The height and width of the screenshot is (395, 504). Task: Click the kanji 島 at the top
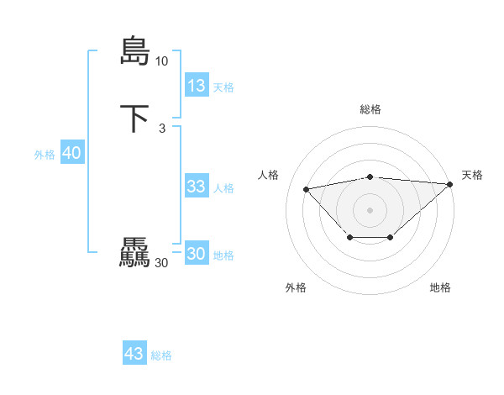pyautogui.click(x=134, y=50)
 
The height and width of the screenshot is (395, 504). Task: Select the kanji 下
pyautogui.click(x=134, y=118)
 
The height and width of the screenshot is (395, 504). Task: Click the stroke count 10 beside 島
pyautogui.click(x=161, y=61)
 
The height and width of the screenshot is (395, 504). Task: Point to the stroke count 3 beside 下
pyautogui.click(x=161, y=128)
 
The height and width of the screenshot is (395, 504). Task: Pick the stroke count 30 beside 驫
pyautogui.click(x=161, y=263)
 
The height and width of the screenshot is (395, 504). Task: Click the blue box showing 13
pyautogui.click(x=197, y=86)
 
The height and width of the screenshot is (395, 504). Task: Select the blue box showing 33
pyautogui.click(x=197, y=187)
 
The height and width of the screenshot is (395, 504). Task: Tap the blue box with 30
pyautogui.click(x=197, y=254)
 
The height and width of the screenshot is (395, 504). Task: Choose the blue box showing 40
pyautogui.click(x=71, y=153)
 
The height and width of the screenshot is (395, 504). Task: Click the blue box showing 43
pyautogui.click(x=134, y=354)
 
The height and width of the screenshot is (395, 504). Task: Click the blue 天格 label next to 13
pyautogui.click(x=223, y=87)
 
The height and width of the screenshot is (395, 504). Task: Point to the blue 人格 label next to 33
pyautogui.click(x=223, y=188)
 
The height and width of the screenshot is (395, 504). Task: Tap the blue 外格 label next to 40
pyautogui.click(x=45, y=155)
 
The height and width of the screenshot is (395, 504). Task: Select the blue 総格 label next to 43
pyautogui.click(x=161, y=355)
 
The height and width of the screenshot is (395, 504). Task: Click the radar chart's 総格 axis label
pyautogui.click(x=370, y=109)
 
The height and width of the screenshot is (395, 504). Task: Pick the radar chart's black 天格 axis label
pyautogui.click(x=472, y=175)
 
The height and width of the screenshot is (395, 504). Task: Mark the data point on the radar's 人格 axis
pyautogui.click(x=306, y=188)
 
